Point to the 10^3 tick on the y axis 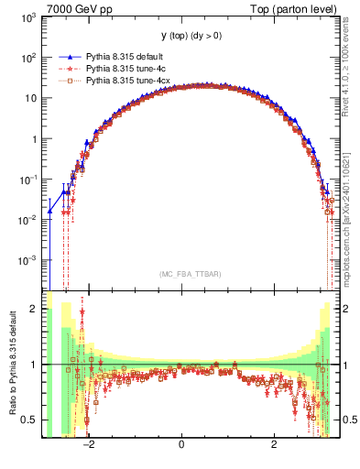tap(29, 16)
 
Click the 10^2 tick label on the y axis tap(29, 57)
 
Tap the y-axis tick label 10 tap(32, 98)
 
